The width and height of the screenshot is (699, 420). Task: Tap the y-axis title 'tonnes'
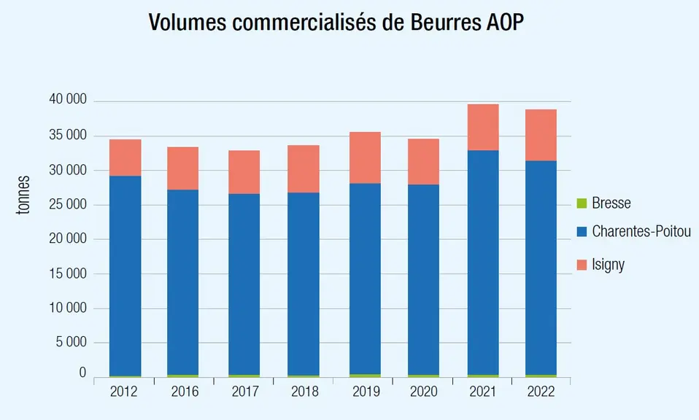point(23,195)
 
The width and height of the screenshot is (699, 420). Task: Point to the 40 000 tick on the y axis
point(68,99)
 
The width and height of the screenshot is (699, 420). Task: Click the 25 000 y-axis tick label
point(68,204)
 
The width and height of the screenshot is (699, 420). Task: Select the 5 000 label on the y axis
point(72,342)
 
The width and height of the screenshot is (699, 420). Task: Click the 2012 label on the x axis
point(123,392)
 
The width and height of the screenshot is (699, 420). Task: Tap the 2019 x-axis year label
point(366,392)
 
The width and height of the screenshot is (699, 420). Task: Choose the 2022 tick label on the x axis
point(541,392)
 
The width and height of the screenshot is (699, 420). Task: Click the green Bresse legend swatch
point(582,203)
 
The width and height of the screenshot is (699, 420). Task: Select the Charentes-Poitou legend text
point(641,231)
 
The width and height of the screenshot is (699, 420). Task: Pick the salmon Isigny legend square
point(582,265)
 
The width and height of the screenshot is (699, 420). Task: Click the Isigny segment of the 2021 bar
point(483,128)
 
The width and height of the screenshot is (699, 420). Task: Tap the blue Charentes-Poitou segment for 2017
point(244,284)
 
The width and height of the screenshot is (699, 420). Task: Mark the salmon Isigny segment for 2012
point(125,157)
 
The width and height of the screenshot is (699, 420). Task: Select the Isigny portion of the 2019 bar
point(366,157)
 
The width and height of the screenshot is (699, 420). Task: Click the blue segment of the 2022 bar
point(541,268)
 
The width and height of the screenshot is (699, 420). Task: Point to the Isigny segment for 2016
point(182,168)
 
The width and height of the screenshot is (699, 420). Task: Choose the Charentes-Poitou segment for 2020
point(423,280)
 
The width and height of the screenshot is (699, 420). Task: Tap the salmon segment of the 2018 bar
point(304,168)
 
